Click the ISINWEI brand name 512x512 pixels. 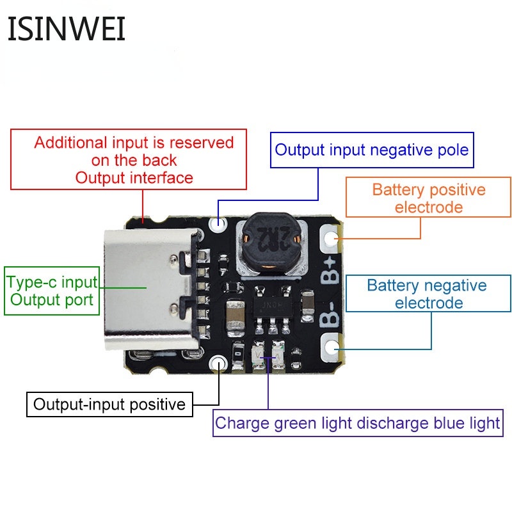coord(67,29)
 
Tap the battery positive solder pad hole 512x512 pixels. coord(331,239)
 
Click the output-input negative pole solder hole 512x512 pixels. coord(220,224)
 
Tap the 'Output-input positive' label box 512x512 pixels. coord(109,404)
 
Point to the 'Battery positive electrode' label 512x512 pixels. coord(428,198)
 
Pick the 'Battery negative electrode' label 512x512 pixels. coord(427,294)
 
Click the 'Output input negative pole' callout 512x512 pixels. coord(372,150)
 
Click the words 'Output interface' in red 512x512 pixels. coord(134,177)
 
